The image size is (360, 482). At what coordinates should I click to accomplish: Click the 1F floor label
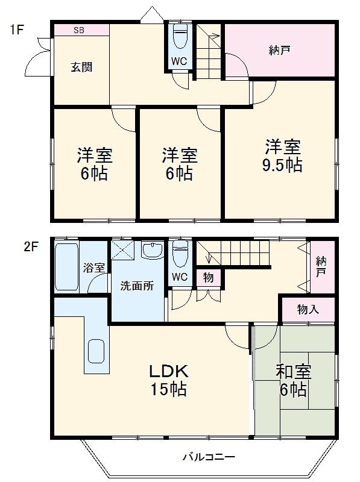tap(16, 28)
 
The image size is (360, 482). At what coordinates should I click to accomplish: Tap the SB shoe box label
tap(80, 30)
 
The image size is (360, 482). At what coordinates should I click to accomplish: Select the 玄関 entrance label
tap(79, 67)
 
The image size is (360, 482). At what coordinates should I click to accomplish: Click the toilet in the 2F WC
tap(179, 254)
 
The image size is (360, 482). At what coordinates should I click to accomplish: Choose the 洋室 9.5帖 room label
tap(282, 155)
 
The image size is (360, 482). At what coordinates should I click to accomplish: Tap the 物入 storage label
tap(308, 309)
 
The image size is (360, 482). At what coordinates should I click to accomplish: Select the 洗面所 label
tap(137, 286)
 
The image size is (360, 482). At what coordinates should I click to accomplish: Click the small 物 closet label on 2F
tap(207, 277)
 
